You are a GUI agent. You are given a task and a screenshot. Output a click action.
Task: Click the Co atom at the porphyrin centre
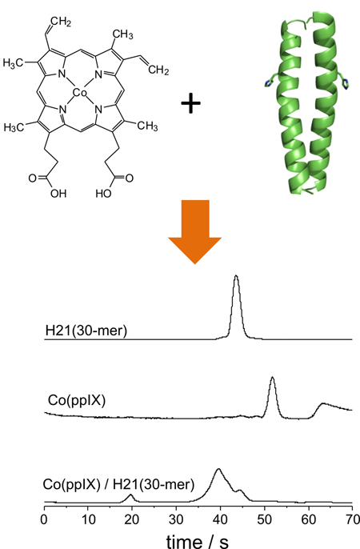click(x=79, y=93)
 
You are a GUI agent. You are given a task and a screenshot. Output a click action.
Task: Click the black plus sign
click(x=190, y=103)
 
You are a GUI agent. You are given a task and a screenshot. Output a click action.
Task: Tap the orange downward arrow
click(x=195, y=232)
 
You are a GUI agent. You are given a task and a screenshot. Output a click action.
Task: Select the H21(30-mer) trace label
click(x=86, y=331)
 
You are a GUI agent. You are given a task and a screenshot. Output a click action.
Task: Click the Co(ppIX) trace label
click(x=77, y=400)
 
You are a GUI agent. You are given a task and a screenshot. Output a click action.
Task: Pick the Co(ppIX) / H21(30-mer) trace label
click(x=118, y=485)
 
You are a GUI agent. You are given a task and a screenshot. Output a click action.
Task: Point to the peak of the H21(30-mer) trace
click(x=236, y=276)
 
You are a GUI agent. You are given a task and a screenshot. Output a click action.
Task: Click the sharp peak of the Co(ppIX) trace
click(x=272, y=377)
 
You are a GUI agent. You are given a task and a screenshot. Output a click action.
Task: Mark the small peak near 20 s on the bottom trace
click(x=130, y=495)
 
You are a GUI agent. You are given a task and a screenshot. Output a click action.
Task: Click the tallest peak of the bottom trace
click(x=219, y=469)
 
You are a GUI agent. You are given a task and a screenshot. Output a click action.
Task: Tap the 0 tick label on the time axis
click(x=44, y=519)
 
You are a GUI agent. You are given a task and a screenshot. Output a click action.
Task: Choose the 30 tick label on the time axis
click(x=176, y=519)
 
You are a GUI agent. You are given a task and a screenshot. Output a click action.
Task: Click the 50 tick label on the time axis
click(x=264, y=519)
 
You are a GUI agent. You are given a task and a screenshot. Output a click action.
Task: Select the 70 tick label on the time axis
click(x=352, y=519)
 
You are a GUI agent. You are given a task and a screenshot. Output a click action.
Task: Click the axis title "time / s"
click(x=198, y=541)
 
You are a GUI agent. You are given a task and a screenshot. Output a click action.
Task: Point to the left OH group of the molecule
click(x=58, y=194)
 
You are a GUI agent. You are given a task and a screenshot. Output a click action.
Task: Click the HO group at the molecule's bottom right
click(x=103, y=194)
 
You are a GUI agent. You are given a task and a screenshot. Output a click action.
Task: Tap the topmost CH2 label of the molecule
click(x=61, y=22)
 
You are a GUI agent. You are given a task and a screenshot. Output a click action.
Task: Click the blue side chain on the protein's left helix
click(x=269, y=82)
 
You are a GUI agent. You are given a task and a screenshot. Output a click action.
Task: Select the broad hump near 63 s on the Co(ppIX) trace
click(x=323, y=403)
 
